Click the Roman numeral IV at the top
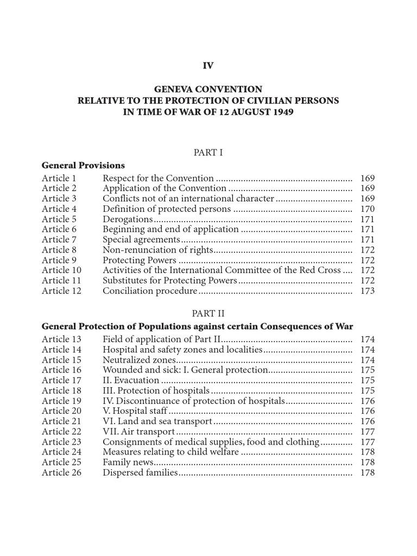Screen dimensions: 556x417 tap(208, 66)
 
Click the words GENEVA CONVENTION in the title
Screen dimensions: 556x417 tap(208, 89)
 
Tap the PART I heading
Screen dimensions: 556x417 tap(208, 153)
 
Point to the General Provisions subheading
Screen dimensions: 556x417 tap(83, 165)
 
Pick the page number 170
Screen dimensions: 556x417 tap(368, 209)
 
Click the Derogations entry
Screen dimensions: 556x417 tap(128, 219)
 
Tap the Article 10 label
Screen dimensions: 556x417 tap(61, 270)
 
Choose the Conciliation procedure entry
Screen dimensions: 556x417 tap(150, 291)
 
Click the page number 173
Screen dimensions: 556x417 tap(368, 291)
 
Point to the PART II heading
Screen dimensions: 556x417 tap(208, 314)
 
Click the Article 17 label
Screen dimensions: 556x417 tap(61, 381)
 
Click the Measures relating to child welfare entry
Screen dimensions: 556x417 tap(170, 452)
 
